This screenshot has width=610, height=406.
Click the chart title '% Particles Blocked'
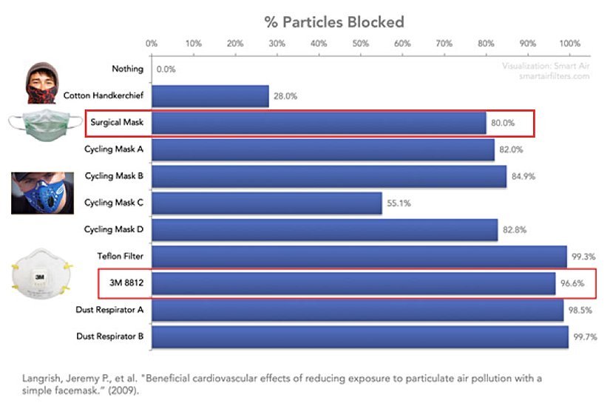334,21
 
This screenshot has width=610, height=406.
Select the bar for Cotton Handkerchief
210,96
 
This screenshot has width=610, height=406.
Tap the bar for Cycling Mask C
266,203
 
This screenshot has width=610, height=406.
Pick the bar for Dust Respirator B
360,336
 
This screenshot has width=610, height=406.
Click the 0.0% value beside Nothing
166,70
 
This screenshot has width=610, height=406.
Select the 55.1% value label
399,203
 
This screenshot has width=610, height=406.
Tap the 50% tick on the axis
361,44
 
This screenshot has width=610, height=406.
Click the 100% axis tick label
570,44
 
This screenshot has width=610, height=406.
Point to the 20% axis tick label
235,44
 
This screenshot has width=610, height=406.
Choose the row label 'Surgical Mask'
117,123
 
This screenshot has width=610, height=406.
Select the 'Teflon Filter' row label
121,256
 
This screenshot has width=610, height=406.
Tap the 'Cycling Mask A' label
114,149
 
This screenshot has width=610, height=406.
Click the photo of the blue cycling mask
43,193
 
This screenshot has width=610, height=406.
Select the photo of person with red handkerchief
44,84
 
